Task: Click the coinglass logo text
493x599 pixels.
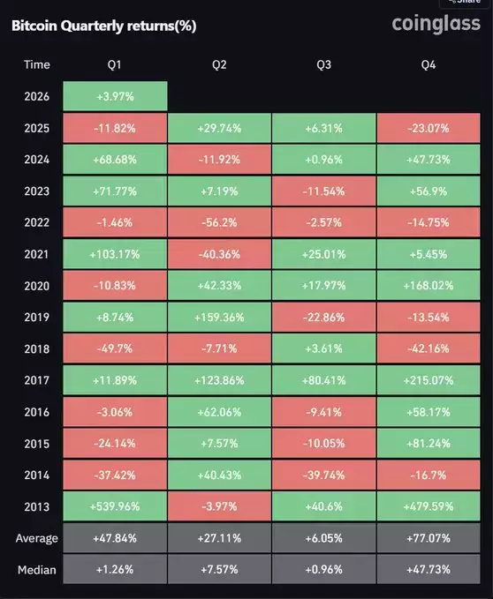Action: tap(436, 24)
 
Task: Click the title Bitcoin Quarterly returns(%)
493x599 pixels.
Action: tap(103, 26)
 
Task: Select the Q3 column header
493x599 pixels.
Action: tap(323, 64)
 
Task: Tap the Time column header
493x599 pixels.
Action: tap(37, 64)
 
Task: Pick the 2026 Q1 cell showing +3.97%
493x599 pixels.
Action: tap(115, 96)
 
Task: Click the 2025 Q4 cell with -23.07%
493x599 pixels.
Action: tap(429, 128)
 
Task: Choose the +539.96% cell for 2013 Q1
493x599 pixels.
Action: tap(115, 507)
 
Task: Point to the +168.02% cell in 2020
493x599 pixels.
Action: tap(429, 286)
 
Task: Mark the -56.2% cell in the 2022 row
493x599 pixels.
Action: tap(219, 222)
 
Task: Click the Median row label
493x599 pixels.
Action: tap(37, 570)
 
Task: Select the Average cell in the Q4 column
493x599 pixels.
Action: tap(429, 538)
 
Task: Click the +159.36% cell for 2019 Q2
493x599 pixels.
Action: tap(219, 318)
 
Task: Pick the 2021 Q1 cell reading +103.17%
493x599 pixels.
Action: tap(115, 254)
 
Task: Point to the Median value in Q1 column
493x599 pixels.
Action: tap(115, 570)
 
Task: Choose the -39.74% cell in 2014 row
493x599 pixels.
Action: tap(323, 475)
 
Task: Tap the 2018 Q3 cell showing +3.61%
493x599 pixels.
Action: tap(323, 349)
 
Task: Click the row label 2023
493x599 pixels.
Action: tap(37, 191)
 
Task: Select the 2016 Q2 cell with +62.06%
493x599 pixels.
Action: tap(219, 412)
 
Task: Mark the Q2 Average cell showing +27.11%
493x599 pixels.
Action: tap(219, 538)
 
